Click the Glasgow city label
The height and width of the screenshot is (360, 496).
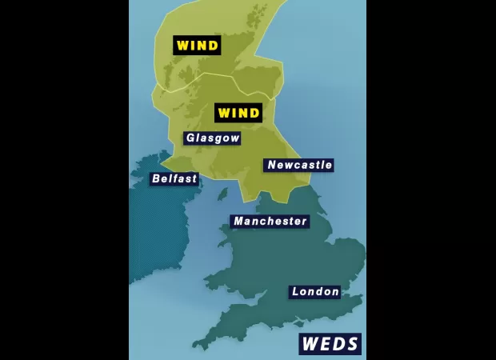pos(212,138)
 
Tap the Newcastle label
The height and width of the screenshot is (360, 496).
pos(298,166)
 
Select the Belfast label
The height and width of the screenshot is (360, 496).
pos(174,179)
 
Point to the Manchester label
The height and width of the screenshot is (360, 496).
pos(270,222)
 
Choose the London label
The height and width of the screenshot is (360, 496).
pos(314,292)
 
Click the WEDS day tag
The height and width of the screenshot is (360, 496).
pos(330,344)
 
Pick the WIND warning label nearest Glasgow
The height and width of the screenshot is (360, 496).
pos(238,113)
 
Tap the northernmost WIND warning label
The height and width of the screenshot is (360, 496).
pos(197,46)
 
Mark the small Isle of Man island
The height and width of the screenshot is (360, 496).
pos(222,194)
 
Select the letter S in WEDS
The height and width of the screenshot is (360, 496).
pos(352,344)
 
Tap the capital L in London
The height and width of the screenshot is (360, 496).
pos(296,292)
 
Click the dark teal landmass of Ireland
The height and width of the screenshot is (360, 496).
pos(156,232)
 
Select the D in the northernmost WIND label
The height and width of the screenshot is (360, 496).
pos(213,46)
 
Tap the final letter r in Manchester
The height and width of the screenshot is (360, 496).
pos(303,222)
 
